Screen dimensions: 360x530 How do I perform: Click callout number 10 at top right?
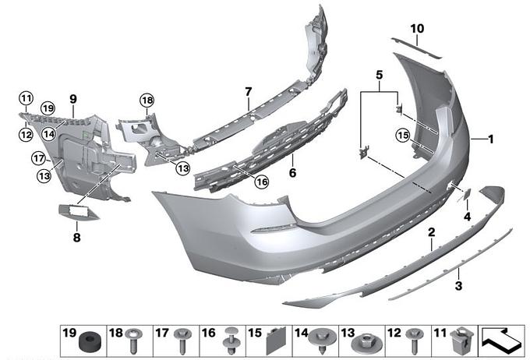click(x=417, y=29)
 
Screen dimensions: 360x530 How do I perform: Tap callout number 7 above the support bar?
click(x=248, y=92)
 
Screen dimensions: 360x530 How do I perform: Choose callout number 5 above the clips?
click(x=380, y=76)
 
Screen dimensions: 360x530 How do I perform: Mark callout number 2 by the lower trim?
click(x=430, y=232)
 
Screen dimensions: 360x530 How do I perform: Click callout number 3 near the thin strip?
click(x=459, y=285)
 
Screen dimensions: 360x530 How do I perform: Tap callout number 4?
click(x=468, y=215)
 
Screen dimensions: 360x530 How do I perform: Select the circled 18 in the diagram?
click(x=147, y=100)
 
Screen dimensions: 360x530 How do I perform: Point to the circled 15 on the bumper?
click(x=402, y=135)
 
